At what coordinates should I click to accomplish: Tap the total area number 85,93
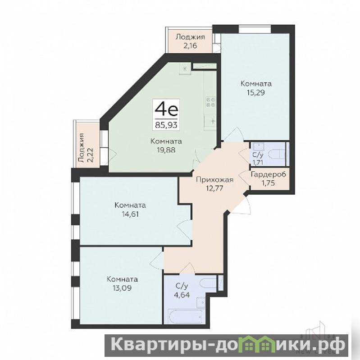tap(166, 125)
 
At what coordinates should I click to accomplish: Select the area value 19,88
tap(166, 150)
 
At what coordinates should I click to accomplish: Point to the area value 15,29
tap(256, 92)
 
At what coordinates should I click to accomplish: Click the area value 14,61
tap(130, 214)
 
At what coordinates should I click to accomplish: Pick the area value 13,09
tap(123, 288)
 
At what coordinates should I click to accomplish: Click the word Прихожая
tap(214, 180)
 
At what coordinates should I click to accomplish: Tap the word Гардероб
tap(269, 175)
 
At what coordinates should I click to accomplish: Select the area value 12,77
tap(214, 188)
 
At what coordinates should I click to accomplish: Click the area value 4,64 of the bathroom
tap(183, 295)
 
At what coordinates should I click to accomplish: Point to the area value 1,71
tap(258, 163)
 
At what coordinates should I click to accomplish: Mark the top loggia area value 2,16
tap(190, 46)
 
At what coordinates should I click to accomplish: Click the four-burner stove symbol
tap(211, 102)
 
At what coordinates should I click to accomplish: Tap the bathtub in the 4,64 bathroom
tap(185, 316)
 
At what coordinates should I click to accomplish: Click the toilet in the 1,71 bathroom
tap(277, 154)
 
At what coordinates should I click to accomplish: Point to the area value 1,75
tap(269, 183)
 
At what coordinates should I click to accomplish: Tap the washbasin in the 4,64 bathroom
tap(201, 302)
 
